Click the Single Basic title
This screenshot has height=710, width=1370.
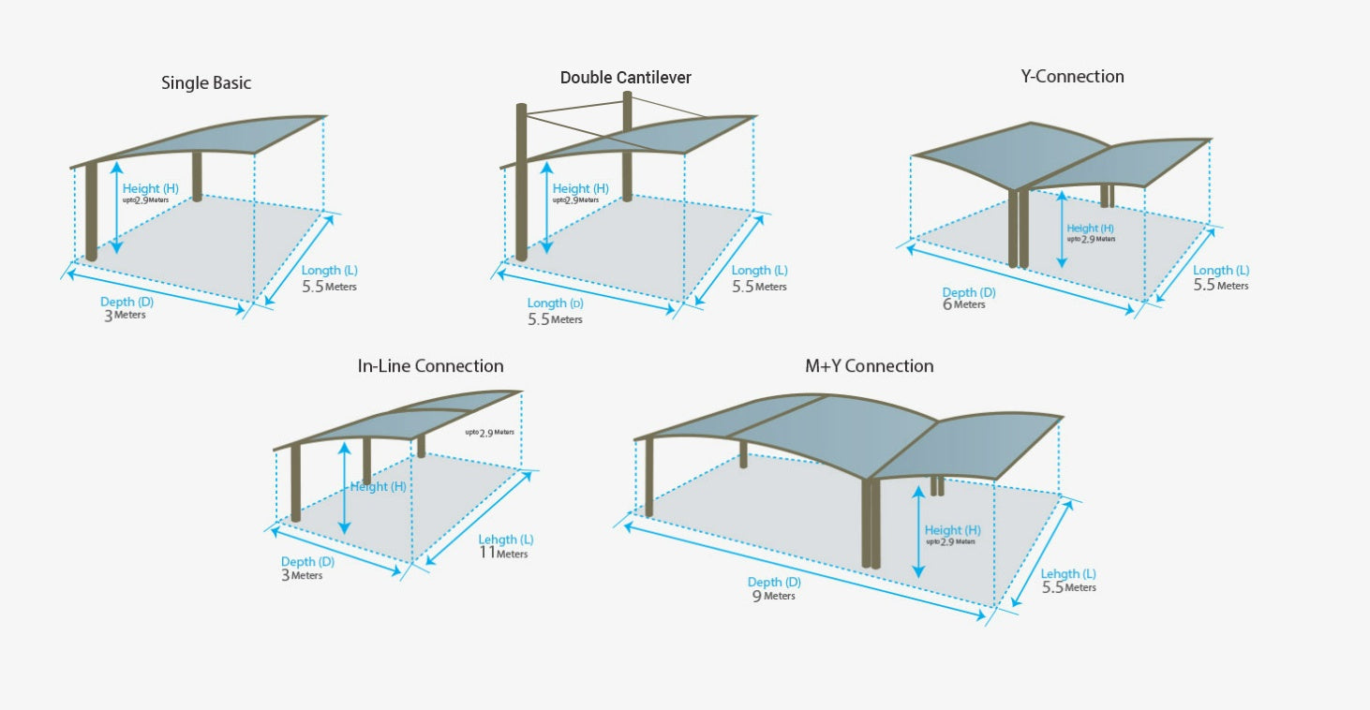[206, 83]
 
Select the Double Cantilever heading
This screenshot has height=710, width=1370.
[625, 78]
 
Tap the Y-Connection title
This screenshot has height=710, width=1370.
[1072, 77]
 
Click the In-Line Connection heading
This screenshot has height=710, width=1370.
[430, 366]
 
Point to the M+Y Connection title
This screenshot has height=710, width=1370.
[869, 366]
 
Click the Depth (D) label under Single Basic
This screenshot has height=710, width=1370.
[127, 302]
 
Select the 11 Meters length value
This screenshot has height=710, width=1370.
[502, 553]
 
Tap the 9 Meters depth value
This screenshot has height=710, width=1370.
[773, 596]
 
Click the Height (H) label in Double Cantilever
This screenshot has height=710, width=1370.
[580, 188]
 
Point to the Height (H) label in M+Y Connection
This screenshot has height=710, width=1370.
[952, 530]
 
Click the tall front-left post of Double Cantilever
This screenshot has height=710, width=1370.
[522, 183]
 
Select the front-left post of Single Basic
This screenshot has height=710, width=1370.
[91, 211]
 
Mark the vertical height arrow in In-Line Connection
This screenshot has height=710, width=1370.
[345, 487]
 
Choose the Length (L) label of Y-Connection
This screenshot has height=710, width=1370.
[1220, 271]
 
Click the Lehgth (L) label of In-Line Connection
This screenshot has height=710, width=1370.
[506, 540]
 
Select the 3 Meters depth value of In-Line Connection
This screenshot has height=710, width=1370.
[302, 575]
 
